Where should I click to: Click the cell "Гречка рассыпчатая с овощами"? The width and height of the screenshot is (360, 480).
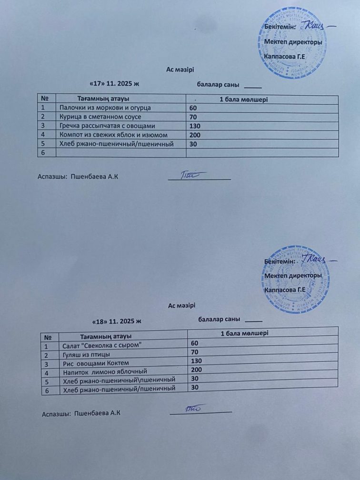point(107,126)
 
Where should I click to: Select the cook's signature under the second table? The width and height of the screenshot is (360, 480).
point(193,408)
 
